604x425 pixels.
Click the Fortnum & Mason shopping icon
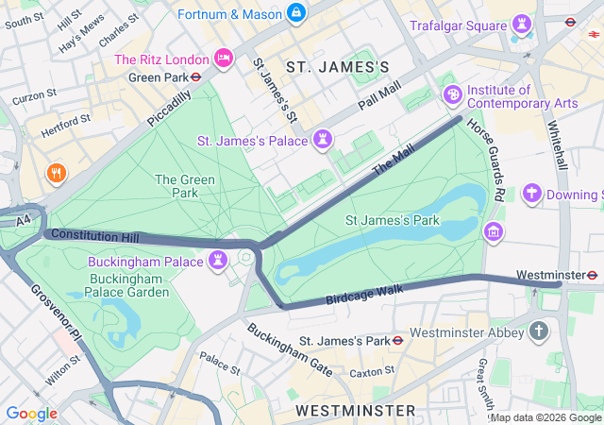click(x=296, y=12)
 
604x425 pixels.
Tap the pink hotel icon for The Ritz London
click(x=224, y=59)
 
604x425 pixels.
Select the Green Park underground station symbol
click(x=195, y=77)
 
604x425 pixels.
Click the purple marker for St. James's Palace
click(x=323, y=140)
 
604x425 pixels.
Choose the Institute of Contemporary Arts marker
click(x=452, y=94)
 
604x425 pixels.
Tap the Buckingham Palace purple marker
click(x=218, y=260)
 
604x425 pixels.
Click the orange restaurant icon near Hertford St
click(x=56, y=173)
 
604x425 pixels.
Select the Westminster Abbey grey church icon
click(x=539, y=331)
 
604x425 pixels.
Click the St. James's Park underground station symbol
click(x=398, y=340)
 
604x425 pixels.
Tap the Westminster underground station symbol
click(x=592, y=275)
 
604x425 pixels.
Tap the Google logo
click(x=31, y=413)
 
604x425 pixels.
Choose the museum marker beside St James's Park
click(x=493, y=231)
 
